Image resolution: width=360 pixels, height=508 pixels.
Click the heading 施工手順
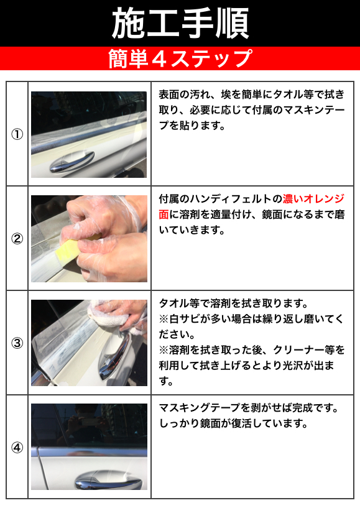[x=180, y=24]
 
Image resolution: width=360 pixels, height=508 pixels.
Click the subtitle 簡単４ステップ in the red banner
[x=180, y=58]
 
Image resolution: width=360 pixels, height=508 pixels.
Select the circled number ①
[x=17, y=134]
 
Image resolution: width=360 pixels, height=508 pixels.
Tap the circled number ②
[x=17, y=239]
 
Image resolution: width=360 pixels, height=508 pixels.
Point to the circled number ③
[x=17, y=343]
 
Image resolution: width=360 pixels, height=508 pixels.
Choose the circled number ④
[x=17, y=448]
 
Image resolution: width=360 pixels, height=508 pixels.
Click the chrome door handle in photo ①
[x=72, y=161]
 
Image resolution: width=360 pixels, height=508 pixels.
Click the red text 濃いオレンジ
[x=313, y=198]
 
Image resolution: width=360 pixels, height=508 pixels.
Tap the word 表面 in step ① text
[x=169, y=95]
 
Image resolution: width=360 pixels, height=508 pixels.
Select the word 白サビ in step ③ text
[x=185, y=319]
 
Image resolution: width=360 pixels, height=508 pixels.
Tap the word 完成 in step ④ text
[x=303, y=407]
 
